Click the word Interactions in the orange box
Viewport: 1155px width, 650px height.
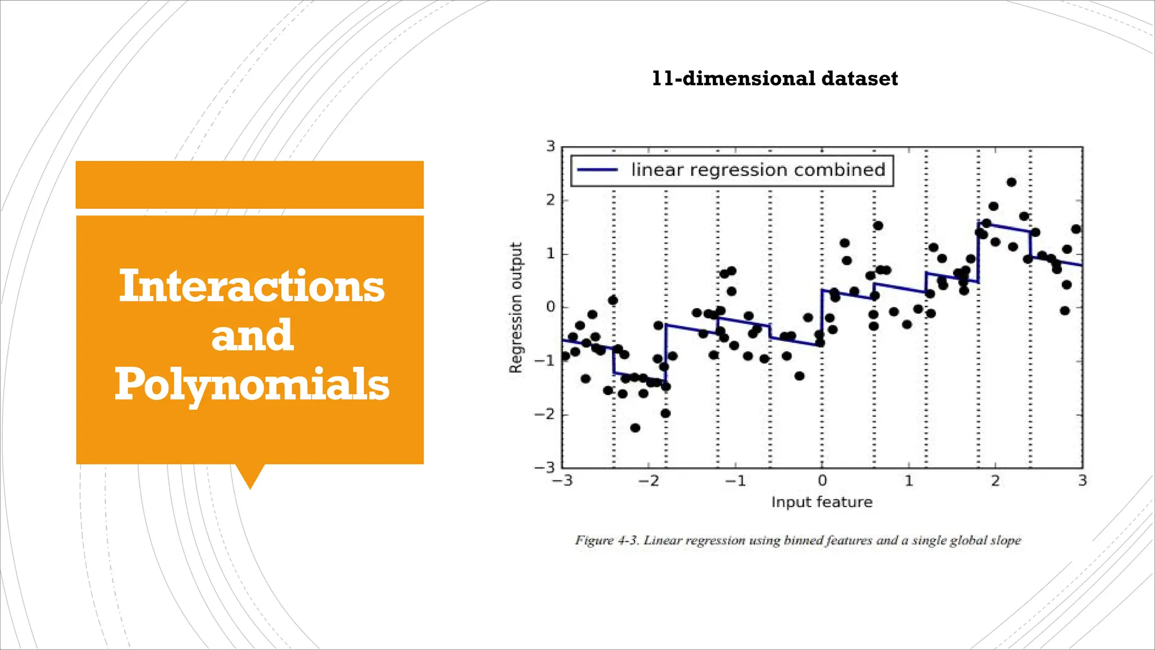252,287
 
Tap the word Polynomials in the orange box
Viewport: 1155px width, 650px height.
252,385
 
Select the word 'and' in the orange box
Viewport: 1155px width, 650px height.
252,336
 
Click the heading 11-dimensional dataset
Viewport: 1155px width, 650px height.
774,78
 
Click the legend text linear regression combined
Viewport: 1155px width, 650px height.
758,170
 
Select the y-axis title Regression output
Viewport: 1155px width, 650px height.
516,308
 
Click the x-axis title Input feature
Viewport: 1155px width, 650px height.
822,502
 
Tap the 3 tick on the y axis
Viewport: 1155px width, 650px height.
550,147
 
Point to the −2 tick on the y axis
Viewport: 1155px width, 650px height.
545,414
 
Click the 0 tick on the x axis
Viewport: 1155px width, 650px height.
822,481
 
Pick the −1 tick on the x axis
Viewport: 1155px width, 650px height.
735,481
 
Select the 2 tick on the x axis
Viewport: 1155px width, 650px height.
995,481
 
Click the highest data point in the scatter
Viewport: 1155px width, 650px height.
1011,182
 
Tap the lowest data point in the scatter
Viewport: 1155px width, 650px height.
635,428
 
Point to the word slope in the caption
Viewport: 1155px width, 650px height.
1006,541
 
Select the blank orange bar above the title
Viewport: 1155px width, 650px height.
249,185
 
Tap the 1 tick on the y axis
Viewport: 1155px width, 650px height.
550,254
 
